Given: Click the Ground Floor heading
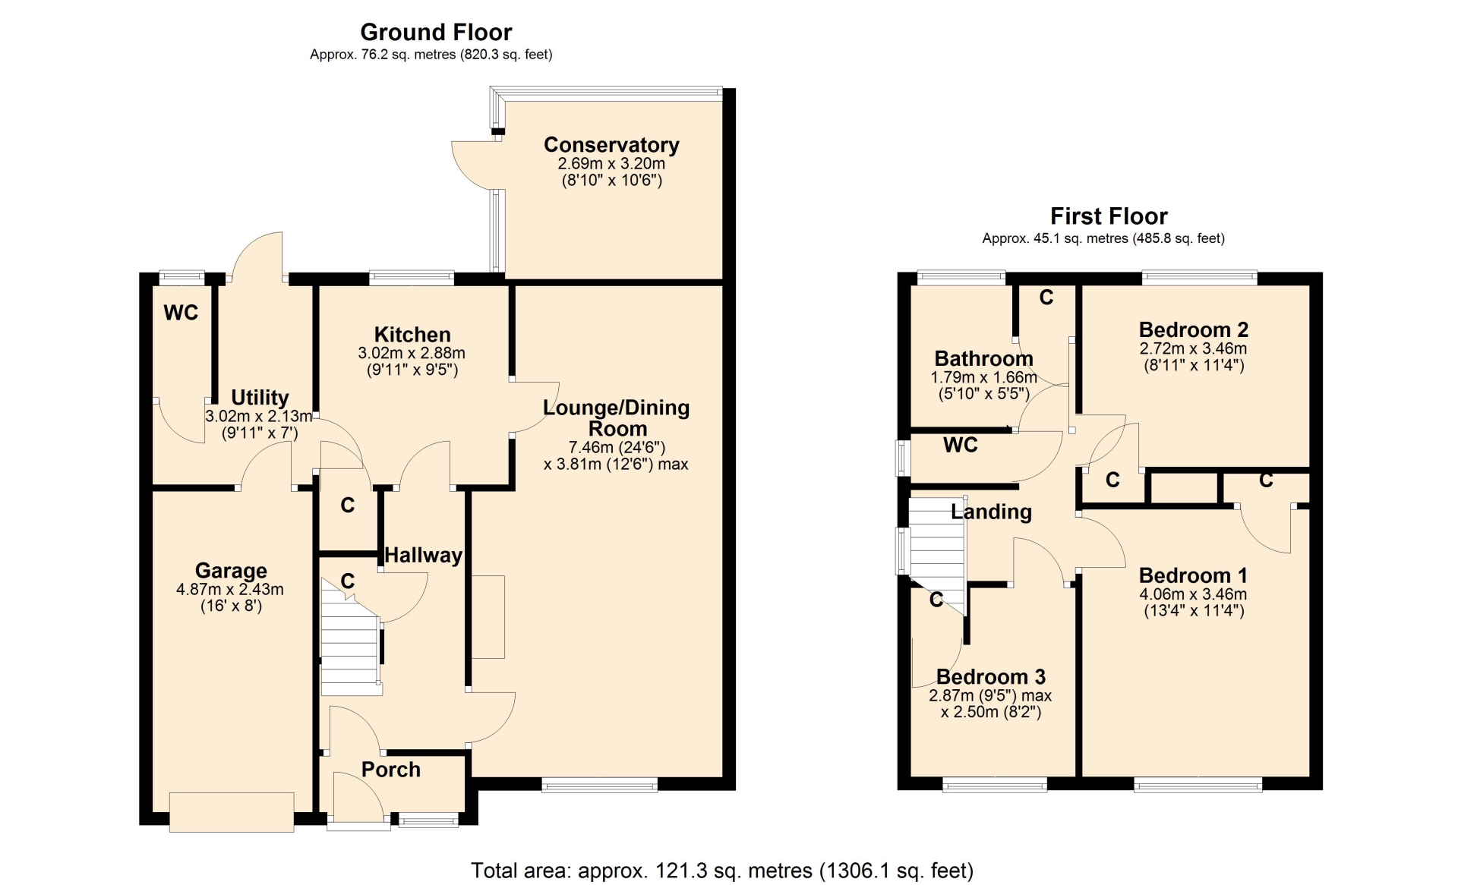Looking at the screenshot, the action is click(436, 32).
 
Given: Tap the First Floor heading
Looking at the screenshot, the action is click(1109, 216).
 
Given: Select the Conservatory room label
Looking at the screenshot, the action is click(611, 144).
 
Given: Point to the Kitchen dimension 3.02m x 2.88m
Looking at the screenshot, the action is click(412, 353).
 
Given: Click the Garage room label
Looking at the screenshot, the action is click(231, 571).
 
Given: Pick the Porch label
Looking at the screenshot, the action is click(390, 770).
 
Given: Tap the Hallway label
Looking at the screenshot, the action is click(423, 556).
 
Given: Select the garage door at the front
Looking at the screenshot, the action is click(232, 812).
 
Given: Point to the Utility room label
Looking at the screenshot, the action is click(260, 398).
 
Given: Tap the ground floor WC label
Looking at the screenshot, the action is click(181, 313).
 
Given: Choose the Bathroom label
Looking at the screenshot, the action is click(983, 358).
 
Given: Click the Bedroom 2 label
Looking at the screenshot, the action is click(1193, 330).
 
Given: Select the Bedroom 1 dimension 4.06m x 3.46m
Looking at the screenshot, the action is click(1193, 594).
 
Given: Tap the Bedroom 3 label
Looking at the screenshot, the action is click(990, 676).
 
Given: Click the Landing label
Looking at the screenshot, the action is click(991, 512).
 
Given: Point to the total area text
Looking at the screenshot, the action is click(722, 871).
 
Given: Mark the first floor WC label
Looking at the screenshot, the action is click(961, 446).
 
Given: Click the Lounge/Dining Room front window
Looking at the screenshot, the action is click(599, 785).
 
